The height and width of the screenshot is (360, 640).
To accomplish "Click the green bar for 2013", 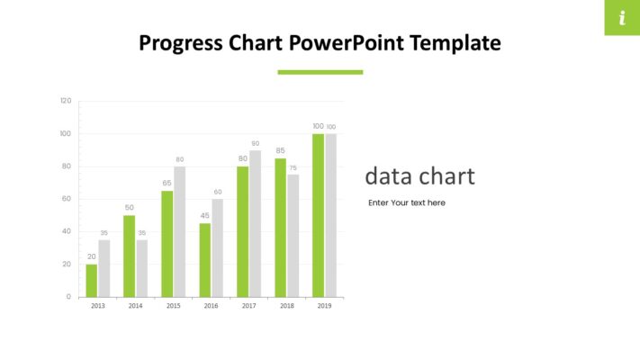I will [92, 280].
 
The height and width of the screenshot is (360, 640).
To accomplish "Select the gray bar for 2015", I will [180, 231].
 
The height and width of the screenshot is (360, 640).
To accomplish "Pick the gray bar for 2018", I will [293, 236].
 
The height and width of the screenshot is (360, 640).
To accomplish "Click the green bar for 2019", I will [318, 215].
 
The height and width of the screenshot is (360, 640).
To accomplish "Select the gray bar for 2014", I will [142, 268].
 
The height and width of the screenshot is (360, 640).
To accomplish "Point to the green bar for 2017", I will [242, 231].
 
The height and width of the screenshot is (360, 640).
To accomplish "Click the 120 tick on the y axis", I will [66, 101].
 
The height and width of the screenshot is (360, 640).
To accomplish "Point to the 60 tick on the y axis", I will [66, 199].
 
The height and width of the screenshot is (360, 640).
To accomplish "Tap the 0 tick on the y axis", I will [68, 297].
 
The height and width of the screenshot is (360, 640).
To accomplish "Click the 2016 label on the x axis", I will [211, 307].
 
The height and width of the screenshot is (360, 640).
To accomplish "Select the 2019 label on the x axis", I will [324, 307].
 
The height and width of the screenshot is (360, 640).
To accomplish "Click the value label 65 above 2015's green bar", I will [167, 183].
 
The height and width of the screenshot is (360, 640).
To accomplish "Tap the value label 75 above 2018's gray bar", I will [293, 167].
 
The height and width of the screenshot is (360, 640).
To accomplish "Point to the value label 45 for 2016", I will [204, 215].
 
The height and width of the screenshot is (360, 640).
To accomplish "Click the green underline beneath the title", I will [320, 72].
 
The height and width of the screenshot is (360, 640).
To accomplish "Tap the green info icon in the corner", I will [621, 18].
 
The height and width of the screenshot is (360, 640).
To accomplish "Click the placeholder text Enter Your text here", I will [406, 203].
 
